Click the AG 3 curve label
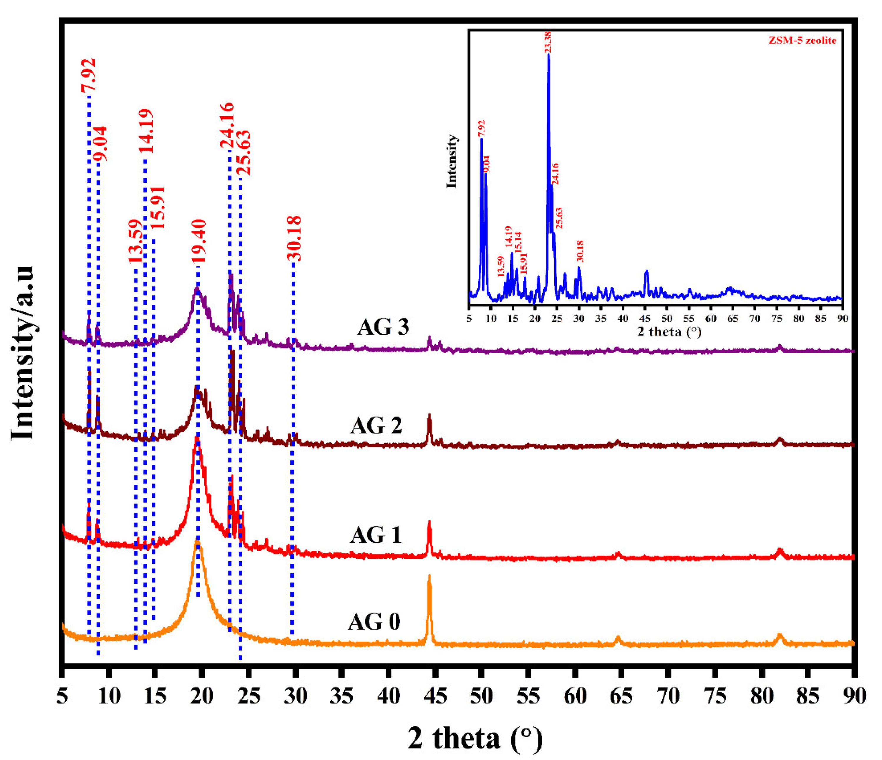coord(383,327)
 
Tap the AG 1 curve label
coord(376,535)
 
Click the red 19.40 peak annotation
coord(198,241)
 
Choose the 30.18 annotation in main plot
coord(294,238)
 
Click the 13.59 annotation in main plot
coord(135,242)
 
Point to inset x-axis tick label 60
coord(710,318)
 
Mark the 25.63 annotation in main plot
coord(244,153)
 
